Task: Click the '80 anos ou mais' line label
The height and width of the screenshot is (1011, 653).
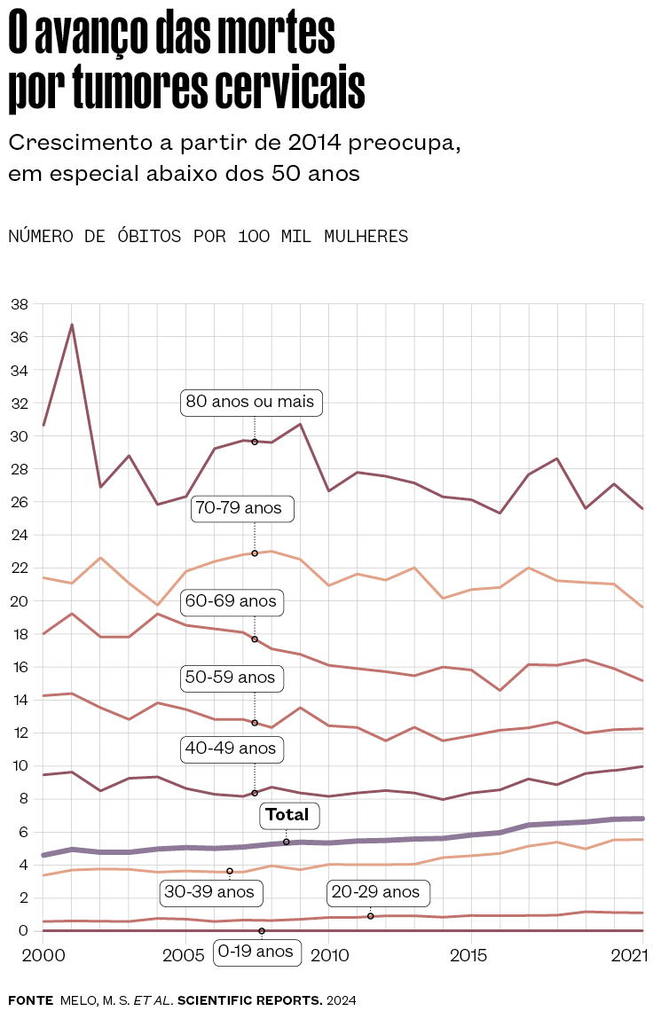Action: (250, 402)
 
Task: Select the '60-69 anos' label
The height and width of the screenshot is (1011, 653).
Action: (231, 601)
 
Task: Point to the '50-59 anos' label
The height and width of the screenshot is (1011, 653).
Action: (231, 678)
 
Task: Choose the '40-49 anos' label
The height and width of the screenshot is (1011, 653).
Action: (231, 748)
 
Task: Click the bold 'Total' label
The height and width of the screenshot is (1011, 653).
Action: (287, 815)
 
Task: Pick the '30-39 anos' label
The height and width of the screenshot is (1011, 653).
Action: (209, 891)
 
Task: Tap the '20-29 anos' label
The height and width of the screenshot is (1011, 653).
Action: (375, 891)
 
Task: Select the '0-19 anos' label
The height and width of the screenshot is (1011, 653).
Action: (256, 952)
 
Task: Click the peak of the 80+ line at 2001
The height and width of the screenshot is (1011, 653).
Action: (72, 325)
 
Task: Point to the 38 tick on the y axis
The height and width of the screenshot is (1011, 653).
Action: (19, 304)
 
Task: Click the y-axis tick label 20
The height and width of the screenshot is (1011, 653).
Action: (19, 601)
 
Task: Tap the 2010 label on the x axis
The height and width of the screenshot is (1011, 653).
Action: (329, 956)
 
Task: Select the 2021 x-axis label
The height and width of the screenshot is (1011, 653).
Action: (627, 956)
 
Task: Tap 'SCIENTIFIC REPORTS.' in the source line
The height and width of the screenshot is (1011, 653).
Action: (250, 999)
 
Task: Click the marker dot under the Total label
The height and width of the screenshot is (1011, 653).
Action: (287, 842)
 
